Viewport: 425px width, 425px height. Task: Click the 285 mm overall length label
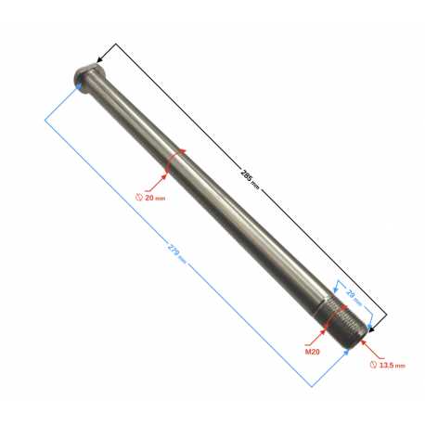tap(250, 179)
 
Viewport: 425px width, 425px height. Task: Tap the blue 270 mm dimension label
tap(177, 253)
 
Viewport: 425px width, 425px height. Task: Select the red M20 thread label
tap(313, 352)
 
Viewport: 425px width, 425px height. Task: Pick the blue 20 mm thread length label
tap(354, 296)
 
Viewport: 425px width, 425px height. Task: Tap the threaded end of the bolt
tap(343, 323)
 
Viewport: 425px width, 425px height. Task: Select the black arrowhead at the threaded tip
tap(372, 329)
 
